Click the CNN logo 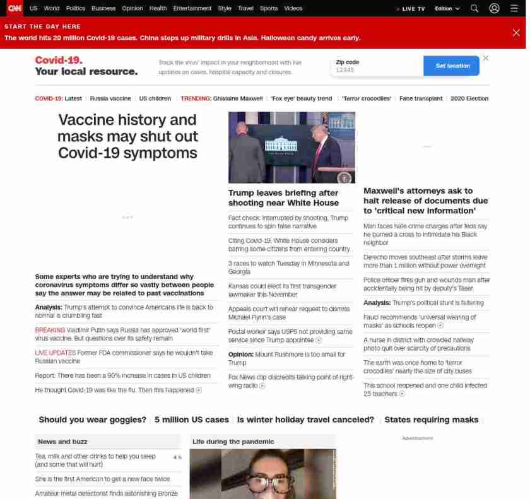point(15,8)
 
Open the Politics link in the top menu point(76,8)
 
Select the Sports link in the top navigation point(269,8)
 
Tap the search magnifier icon point(474,8)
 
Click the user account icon point(495,8)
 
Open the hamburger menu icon point(514,8)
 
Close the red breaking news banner point(516,33)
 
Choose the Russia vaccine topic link point(110,98)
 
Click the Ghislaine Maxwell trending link point(238,98)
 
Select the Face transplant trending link point(421,98)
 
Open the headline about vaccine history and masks point(127,136)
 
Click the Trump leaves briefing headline point(283,197)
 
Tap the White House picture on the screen point(281,146)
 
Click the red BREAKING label point(50,330)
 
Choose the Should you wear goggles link point(92,420)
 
